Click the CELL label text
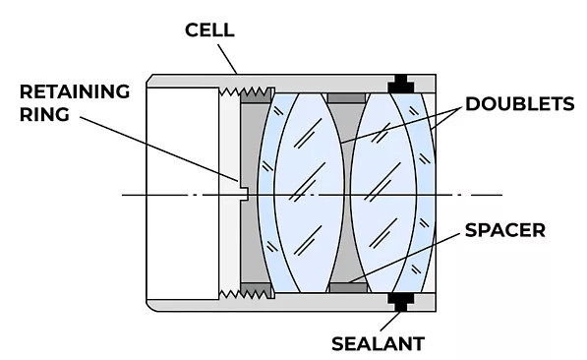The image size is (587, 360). (x=209, y=30)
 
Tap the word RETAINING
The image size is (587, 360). (x=75, y=91)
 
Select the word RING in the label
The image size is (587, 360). (x=44, y=115)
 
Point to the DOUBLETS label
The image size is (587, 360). (x=519, y=103)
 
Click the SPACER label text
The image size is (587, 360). (x=505, y=230)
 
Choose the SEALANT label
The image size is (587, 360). (x=379, y=343)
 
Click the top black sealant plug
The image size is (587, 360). (x=401, y=84)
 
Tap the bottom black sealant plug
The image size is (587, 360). (x=401, y=302)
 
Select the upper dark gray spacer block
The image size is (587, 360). (x=347, y=98)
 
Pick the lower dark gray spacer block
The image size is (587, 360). (x=348, y=287)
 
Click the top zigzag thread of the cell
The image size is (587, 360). (x=247, y=91)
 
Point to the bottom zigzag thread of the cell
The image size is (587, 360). (x=247, y=294)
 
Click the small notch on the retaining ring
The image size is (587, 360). (x=244, y=194)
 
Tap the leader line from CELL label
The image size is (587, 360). (x=227, y=59)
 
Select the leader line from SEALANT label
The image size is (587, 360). (x=390, y=321)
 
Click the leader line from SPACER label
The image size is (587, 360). (x=403, y=258)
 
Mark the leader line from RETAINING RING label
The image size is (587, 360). (x=159, y=150)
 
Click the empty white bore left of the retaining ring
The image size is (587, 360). (x=183, y=194)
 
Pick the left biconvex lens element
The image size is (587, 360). (x=309, y=193)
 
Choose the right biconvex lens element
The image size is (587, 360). (x=383, y=193)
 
